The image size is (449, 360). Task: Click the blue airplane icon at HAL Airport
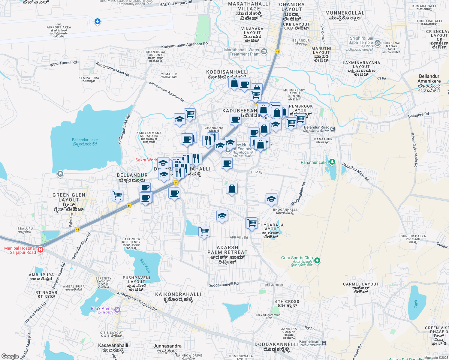point(97,22)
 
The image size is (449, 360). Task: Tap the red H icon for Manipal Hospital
point(41,250)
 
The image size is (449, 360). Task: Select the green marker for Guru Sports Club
point(318,260)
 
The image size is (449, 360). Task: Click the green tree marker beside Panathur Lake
point(332,162)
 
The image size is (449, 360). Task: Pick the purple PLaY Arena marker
point(117,309)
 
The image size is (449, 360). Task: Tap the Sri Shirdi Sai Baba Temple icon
point(378,43)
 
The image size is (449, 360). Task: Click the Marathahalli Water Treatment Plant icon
point(264,52)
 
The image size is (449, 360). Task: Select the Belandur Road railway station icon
point(333,129)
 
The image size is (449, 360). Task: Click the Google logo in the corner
point(10,356)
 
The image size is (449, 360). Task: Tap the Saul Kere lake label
point(145,266)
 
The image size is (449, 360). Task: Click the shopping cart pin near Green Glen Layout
point(117,196)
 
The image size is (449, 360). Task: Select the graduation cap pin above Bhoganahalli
point(271,199)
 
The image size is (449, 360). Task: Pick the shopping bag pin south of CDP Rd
point(232,188)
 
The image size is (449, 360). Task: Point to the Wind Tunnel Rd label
point(63,63)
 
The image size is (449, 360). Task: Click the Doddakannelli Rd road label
point(224,284)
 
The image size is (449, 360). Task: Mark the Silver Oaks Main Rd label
point(414,150)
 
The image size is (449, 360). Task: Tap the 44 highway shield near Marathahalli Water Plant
point(277,52)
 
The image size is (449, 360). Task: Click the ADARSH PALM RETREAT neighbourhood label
point(228,250)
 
